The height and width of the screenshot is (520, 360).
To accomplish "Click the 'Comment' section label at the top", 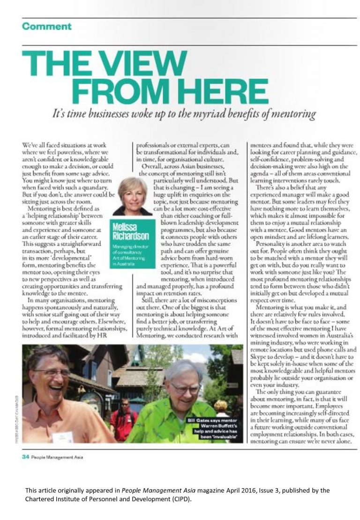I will click(47, 26).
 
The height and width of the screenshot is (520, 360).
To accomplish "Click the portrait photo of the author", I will click(132, 196).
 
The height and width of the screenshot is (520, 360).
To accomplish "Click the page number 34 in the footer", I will click(26, 457).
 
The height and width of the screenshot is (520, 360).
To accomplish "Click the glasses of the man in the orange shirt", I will click(52, 372).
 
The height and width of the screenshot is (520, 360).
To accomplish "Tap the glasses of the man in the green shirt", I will click(184, 388).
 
